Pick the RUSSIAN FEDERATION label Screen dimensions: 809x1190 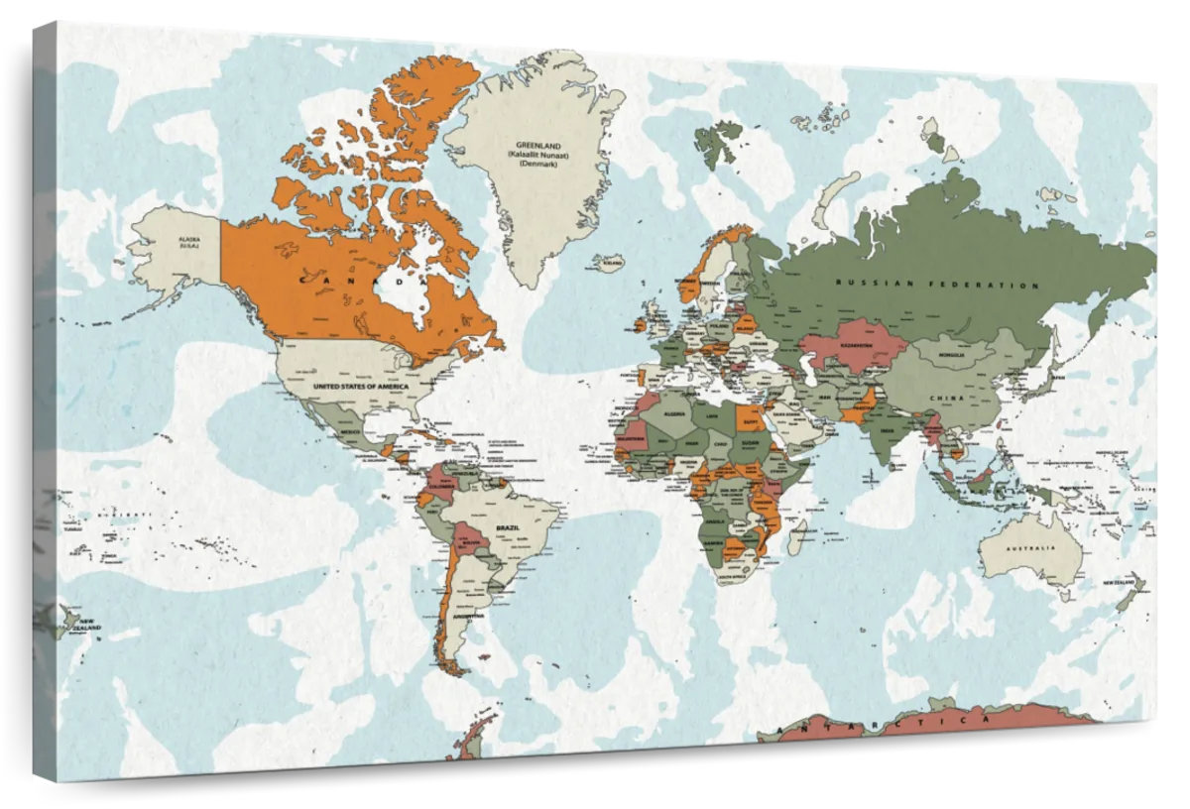[937, 285]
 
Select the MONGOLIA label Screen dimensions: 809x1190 [957, 353]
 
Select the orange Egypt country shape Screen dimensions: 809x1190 [751, 418]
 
